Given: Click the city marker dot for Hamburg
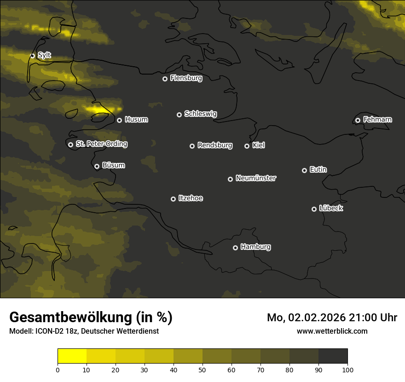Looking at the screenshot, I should coord(235,248).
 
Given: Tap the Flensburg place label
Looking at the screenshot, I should coord(186,78).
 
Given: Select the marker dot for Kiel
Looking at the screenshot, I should coord(247,146).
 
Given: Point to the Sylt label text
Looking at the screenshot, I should coord(44,55).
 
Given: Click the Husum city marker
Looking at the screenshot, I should coord(119,120).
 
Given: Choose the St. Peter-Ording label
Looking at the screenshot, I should coord(101,144).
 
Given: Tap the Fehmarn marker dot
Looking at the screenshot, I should coord(358,120).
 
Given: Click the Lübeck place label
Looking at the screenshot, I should coord(331,208).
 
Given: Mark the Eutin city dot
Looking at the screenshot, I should coord(304,170).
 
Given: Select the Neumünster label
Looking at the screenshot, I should coord(256,178).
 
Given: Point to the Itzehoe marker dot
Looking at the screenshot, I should coord(173,199).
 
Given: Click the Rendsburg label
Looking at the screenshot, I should coord(215,145).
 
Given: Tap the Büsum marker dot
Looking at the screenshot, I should coord(97,166).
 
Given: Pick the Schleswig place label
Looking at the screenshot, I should coord(200,114).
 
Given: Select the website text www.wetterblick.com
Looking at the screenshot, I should coord(332,331).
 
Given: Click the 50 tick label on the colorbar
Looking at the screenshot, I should coord(202,370).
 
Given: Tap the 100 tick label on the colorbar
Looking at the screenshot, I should coord(347,370).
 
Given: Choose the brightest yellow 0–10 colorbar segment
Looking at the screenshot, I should coord(72,356).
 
